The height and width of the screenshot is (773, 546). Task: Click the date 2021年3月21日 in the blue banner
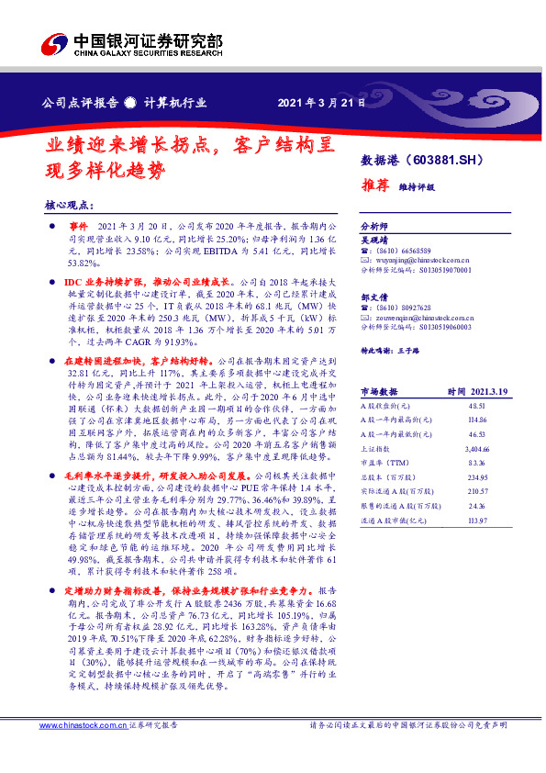point(315,102)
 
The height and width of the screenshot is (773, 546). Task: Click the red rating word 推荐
point(374,185)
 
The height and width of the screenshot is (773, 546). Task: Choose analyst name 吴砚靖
point(374,238)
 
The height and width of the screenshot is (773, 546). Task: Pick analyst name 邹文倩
point(374,297)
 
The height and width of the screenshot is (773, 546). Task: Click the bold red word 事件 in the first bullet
point(79,226)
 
